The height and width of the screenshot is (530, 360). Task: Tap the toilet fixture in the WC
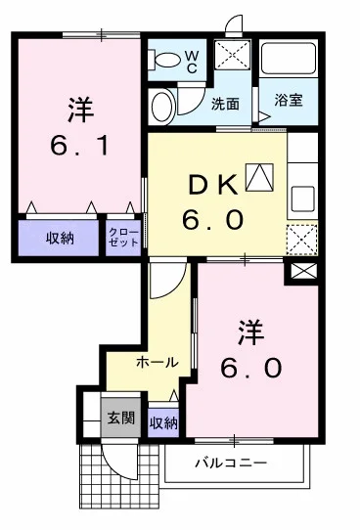pos(166,61)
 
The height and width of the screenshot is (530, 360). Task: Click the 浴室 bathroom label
pos(288,100)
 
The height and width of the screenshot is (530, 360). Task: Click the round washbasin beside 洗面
pos(163,105)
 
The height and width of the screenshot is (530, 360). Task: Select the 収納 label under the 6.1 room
pos(59,238)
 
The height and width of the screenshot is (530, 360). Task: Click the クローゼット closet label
pos(123,238)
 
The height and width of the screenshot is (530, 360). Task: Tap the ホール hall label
pos(157,362)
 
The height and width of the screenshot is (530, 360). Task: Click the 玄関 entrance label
pos(121,420)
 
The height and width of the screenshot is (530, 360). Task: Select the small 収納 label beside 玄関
pos(163,422)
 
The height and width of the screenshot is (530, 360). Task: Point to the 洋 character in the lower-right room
pos(250,330)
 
